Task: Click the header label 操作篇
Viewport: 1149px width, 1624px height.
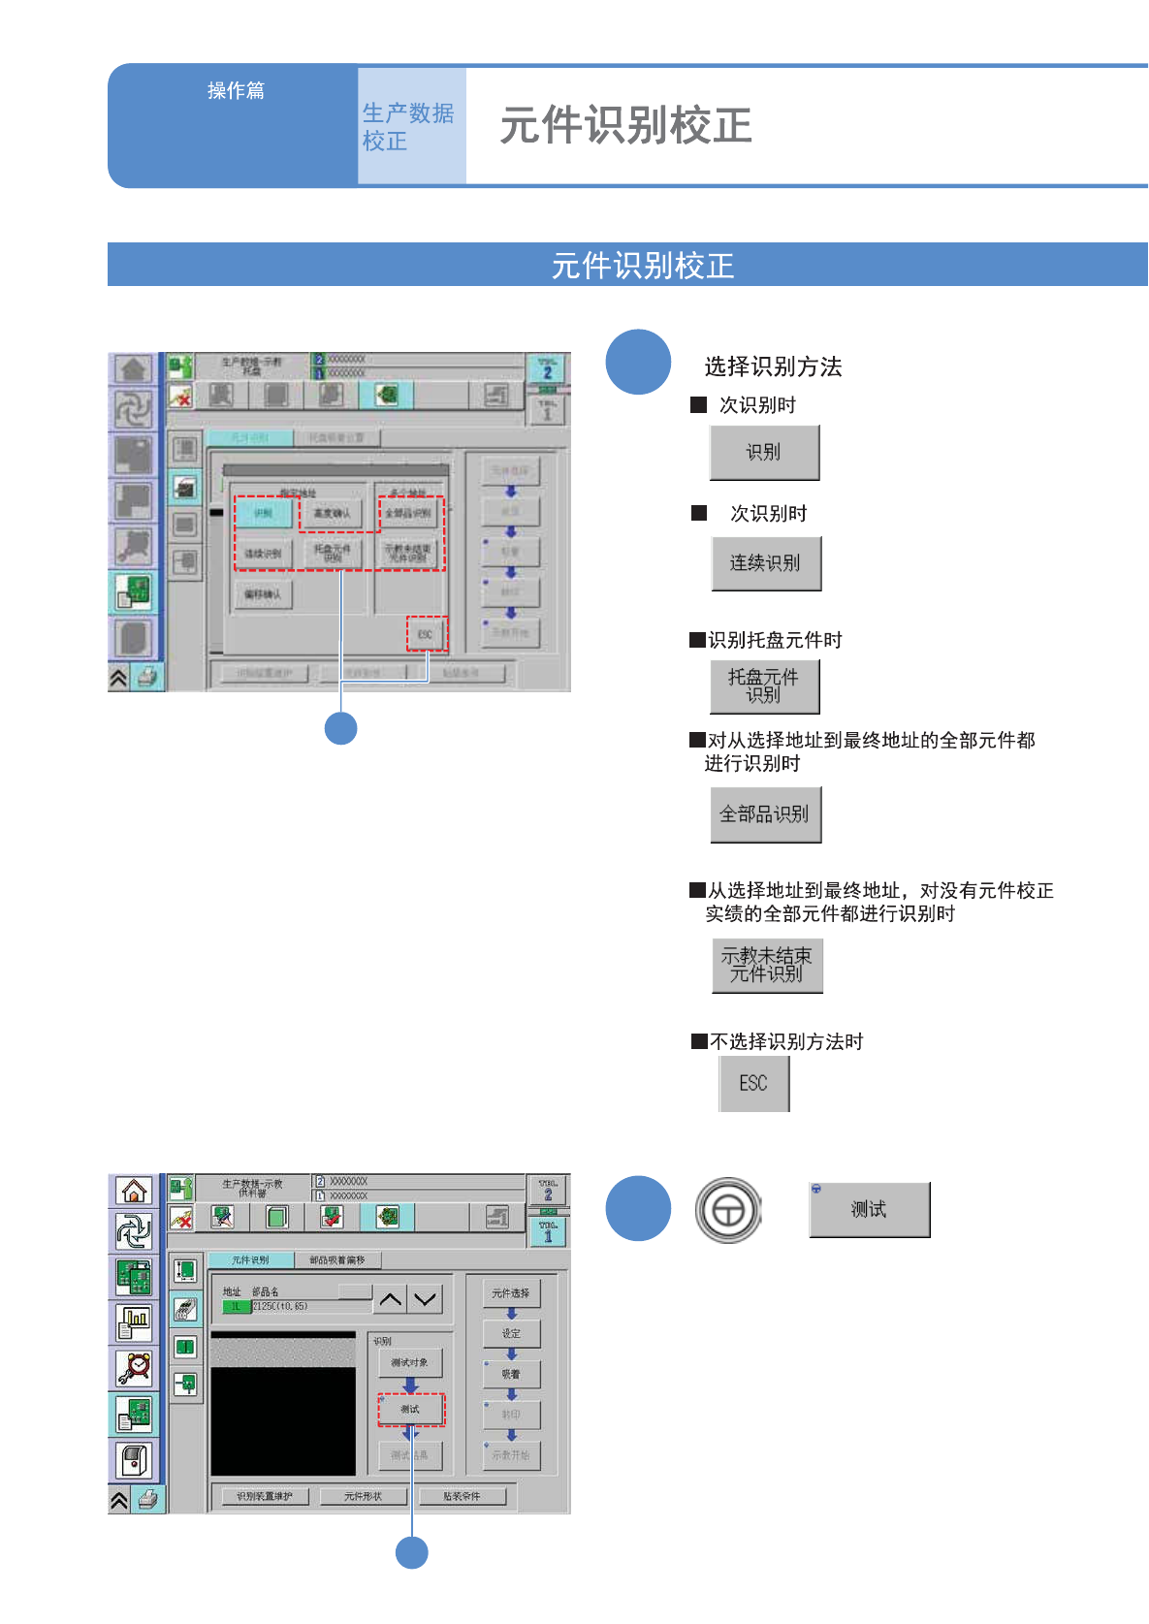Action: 236,90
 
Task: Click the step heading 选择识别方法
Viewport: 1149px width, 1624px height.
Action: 772,366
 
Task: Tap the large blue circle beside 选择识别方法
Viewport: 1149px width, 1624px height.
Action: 638,362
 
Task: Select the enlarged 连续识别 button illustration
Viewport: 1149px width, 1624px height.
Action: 766,563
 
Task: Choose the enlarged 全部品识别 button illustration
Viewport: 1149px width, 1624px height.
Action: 765,814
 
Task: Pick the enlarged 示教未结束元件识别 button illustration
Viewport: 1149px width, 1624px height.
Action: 767,965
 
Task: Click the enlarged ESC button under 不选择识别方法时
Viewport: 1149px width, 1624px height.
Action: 753,1083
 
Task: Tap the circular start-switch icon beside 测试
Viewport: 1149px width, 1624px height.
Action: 728,1210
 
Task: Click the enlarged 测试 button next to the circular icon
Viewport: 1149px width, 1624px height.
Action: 869,1209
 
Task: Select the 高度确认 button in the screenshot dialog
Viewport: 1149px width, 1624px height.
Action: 332,513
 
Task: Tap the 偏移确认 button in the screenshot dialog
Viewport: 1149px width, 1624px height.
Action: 263,593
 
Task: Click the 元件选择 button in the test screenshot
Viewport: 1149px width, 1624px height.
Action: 511,1293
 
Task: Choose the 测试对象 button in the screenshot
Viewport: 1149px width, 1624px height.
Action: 410,1362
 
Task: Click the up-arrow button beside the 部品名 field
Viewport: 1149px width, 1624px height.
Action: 391,1299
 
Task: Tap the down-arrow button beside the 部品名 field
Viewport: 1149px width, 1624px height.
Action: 425,1299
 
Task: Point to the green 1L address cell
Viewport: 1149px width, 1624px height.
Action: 236,1307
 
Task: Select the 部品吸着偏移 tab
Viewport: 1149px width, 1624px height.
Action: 337,1259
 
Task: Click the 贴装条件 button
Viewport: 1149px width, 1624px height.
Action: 462,1496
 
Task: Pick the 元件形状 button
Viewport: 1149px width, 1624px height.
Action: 363,1496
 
